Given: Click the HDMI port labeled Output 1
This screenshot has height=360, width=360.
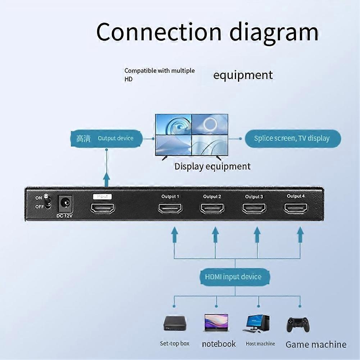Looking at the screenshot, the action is pyautogui.click(x=170, y=209).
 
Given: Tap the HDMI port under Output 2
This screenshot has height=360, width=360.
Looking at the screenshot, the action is pyautogui.click(x=212, y=209).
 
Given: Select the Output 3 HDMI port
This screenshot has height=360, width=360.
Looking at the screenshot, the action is pyautogui.click(x=254, y=209).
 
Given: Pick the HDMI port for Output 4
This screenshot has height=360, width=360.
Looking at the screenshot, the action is pyautogui.click(x=296, y=208).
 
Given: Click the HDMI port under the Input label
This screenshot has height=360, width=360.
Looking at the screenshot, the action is pyautogui.click(x=102, y=209).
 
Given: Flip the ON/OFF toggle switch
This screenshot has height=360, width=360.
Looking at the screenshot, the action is pyautogui.click(x=47, y=202).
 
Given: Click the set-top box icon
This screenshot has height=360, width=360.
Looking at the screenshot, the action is pyautogui.click(x=175, y=323).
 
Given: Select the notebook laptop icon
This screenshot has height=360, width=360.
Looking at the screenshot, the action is pyautogui.click(x=217, y=323).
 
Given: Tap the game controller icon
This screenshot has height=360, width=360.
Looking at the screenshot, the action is pyautogui.click(x=298, y=324).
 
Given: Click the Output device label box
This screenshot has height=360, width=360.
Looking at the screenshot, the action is pyautogui.click(x=106, y=139).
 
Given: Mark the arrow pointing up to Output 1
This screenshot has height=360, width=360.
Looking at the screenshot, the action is pyautogui.click(x=174, y=234).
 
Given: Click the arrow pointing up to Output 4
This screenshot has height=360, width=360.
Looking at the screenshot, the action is pyautogui.click(x=300, y=234).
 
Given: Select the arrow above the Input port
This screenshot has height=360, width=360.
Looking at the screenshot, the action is pyautogui.click(x=106, y=180).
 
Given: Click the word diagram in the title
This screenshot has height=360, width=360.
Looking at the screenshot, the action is pyautogui.click(x=274, y=33).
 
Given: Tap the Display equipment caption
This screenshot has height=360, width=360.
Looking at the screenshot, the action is pyautogui.click(x=213, y=167).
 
